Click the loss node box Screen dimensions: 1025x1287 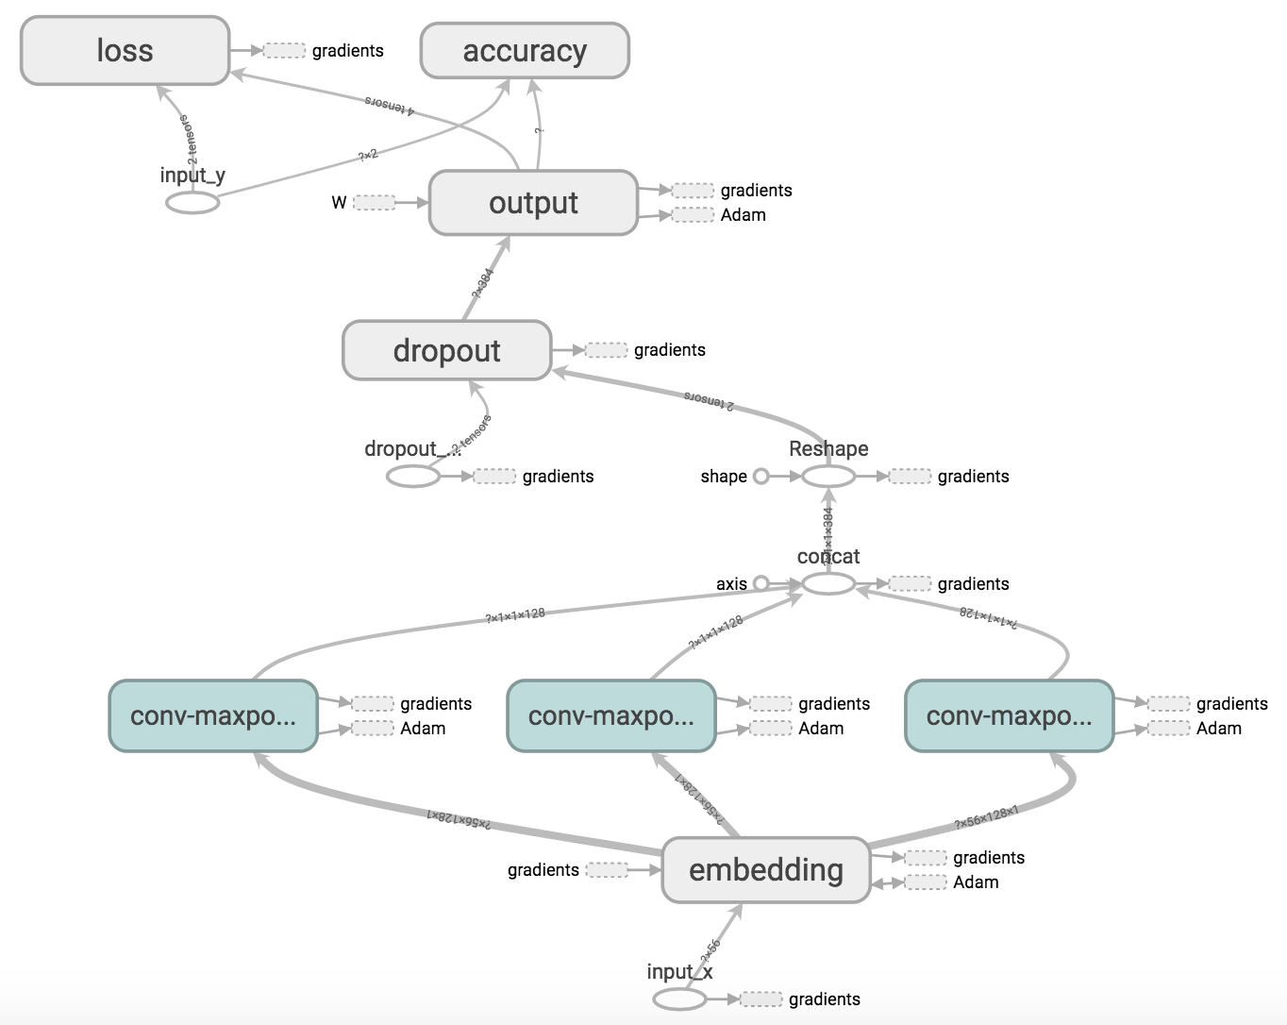125,51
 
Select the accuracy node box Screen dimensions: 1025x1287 525,51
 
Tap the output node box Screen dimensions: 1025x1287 533,203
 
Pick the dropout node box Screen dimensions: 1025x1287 446,350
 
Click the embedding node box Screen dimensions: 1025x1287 765,870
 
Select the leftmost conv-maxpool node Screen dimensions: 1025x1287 213,716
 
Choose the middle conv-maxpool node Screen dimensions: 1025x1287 611,716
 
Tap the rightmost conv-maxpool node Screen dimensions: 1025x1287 1009,716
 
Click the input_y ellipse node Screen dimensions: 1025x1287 192,202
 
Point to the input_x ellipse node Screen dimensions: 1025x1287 679,999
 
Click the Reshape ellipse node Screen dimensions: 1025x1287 828,477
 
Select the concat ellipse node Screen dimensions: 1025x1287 828,584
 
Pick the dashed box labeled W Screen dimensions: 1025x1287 375,202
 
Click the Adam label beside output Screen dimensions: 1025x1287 744,215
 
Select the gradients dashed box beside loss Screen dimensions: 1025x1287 284,51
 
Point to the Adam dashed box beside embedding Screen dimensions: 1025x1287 926,882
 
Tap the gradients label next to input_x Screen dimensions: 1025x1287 825,1000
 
